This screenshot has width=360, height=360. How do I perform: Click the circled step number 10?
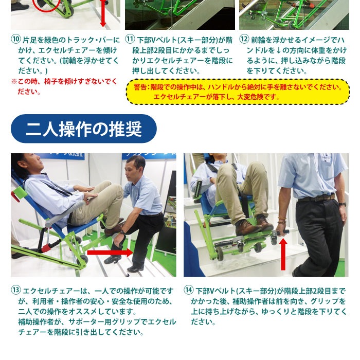coord(15,40)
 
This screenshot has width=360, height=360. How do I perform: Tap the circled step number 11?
coord(130,40)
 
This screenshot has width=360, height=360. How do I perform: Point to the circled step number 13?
coord(15,291)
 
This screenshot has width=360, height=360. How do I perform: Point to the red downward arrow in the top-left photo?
coord(103,13)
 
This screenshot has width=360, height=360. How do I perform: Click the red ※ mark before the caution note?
coord(14,82)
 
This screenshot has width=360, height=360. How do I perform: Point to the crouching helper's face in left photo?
coord(135,168)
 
